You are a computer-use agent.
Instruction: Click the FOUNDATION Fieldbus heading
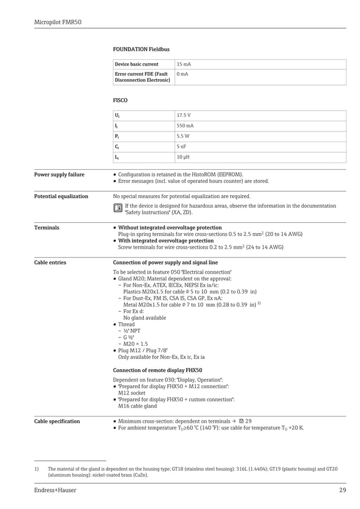pyautogui.click(x=141, y=50)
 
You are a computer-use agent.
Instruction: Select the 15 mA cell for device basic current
pyautogui.click(x=183, y=64)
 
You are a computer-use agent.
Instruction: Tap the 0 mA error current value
pyautogui.click(x=182, y=74)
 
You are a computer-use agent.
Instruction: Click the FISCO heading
pyautogui.click(x=120, y=100)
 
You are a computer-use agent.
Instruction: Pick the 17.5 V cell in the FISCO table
pyautogui.click(x=183, y=115)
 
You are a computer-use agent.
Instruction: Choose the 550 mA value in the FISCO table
pyautogui.click(x=185, y=126)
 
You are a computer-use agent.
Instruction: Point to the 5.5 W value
pyautogui.click(x=183, y=136)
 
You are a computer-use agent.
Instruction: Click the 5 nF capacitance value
pyautogui.click(x=181, y=146)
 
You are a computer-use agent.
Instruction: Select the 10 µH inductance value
pyautogui.click(x=182, y=157)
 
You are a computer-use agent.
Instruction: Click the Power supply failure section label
pyautogui.click(x=59, y=175)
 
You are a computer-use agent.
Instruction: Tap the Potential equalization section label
pyautogui.click(x=61, y=196)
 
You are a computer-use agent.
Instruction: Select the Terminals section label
pyautogui.click(x=46, y=228)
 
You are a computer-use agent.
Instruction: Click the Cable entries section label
pyautogui.click(x=50, y=262)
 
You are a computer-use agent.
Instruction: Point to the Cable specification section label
pyautogui.click(x=57, y=421)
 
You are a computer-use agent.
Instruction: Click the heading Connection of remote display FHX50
pyautogui.click(x=157, y=370)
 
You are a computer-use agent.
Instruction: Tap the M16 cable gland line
pyautogui.click(x=138, y=406)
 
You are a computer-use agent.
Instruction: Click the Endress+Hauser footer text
pyautogui.click(x=55, y=490)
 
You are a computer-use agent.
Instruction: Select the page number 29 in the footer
pyautogui.click(x=342, y=490)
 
